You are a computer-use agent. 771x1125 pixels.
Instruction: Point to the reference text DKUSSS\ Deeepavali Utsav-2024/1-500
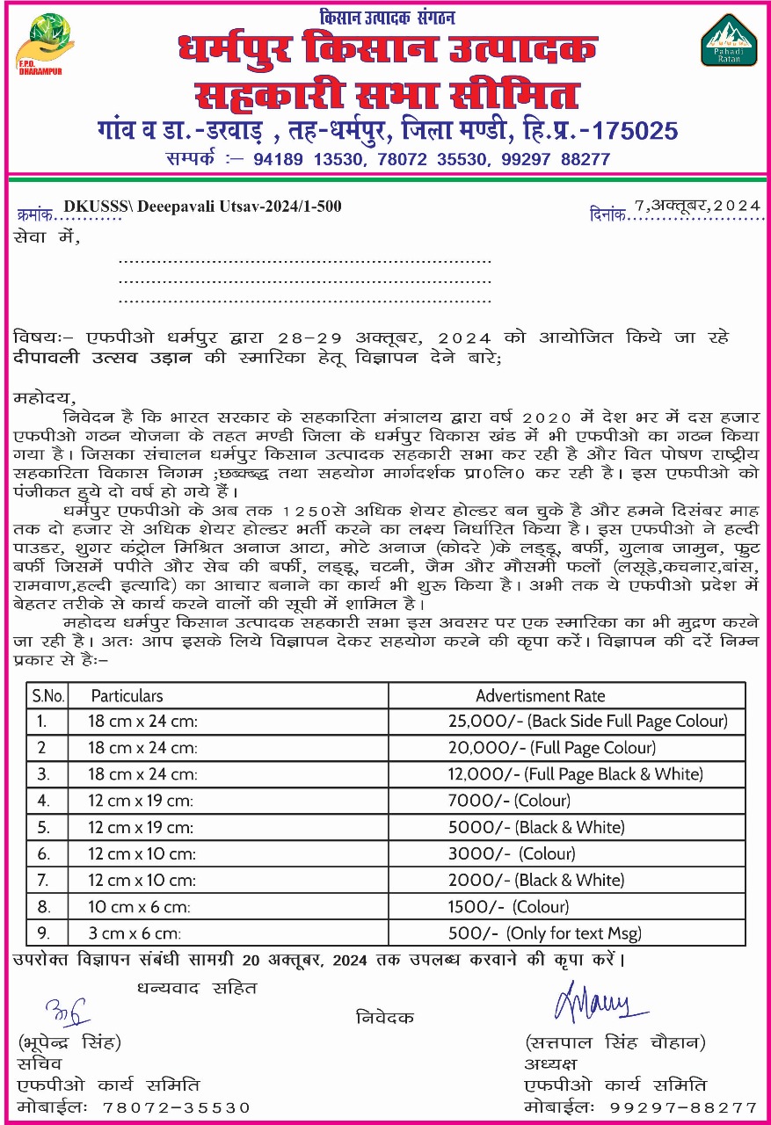203,207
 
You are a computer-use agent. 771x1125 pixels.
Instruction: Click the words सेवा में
47,236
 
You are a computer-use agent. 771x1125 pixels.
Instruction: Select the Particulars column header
127,695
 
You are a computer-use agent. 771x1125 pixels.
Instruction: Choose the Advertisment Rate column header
540,695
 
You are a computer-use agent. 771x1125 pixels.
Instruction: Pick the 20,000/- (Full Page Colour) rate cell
551,748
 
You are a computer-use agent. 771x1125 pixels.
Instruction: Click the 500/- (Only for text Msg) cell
542,933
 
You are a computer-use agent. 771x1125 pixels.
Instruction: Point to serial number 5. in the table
44,827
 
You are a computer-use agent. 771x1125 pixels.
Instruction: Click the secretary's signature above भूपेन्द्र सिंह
67,1012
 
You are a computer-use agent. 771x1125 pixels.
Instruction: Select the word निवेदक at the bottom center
384,1018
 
